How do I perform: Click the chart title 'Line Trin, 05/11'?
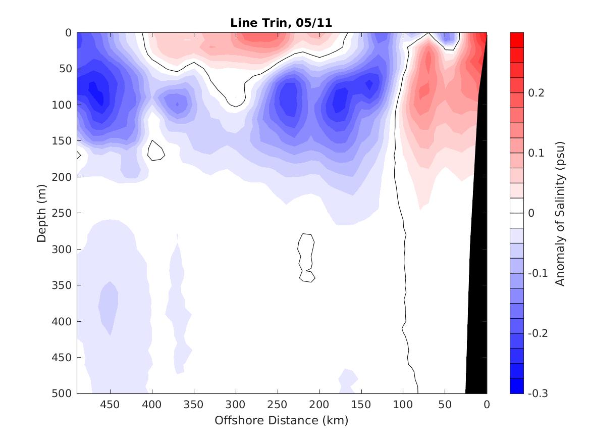coord(281,23)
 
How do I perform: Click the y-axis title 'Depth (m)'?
coord(41,213)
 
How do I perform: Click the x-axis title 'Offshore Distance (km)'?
coord(281,420)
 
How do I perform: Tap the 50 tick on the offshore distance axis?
coord(445,404)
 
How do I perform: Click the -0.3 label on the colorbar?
coord(537,394)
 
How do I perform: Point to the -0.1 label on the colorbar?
coord(537,273)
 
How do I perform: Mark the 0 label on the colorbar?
coord(531,213)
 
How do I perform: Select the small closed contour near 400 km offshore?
coord(155,151)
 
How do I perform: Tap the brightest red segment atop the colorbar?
coord(517,39)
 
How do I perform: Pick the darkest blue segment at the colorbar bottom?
coord(517,386)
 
